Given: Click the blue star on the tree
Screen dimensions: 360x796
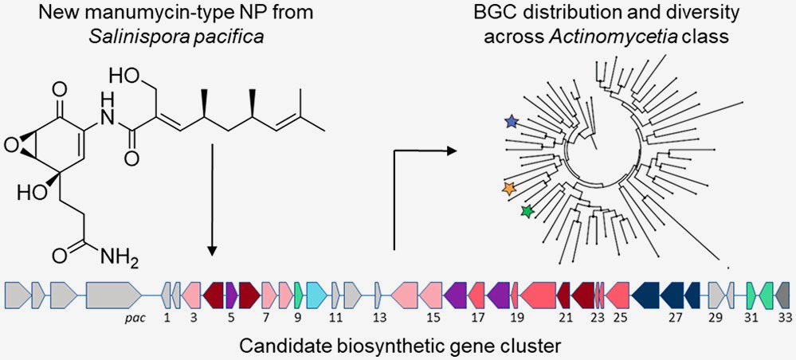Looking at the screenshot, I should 511,121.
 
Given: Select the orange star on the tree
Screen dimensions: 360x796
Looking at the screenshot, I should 509,188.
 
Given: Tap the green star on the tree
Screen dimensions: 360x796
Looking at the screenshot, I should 526,211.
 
